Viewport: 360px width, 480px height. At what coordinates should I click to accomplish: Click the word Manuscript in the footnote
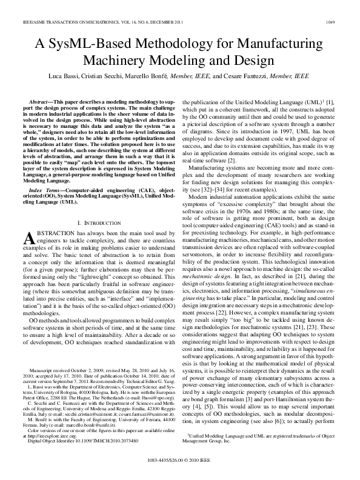pyautogui.click(x=46, y=368)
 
